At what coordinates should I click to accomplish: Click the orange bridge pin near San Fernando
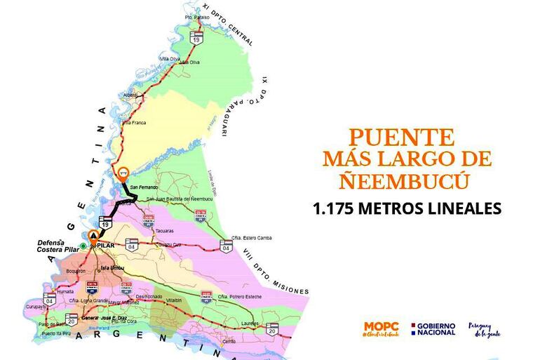click(124, 171)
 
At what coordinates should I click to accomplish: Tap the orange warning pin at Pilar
click(94, 236)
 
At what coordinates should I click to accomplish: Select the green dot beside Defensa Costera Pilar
click(83, 246)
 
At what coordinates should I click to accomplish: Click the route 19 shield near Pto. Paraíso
click(198, 36)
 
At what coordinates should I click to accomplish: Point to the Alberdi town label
click(131, 94)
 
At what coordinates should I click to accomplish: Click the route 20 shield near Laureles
click(272, 328)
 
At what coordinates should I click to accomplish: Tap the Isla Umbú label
click(110, 267)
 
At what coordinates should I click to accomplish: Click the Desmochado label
click(148, 297)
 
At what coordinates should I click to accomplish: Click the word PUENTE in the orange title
click(402, 137)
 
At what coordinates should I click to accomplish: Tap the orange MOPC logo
click(381, 328)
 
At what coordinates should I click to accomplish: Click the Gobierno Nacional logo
click(433, 328)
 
